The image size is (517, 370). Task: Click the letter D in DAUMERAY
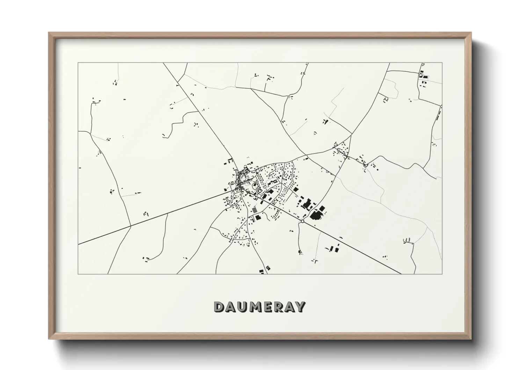point(219,307)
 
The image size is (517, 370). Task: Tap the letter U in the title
point(243,307)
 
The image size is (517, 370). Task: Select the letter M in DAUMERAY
point(257,307)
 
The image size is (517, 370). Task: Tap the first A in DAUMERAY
point(231,307)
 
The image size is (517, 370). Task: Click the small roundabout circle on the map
point(302,221)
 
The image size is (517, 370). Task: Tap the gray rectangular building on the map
point(254,210)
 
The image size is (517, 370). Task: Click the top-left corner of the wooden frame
point(49,33)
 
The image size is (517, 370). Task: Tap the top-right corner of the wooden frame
point(471,33)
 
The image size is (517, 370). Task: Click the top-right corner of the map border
point(442,63)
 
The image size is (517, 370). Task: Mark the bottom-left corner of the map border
point(78,274)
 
